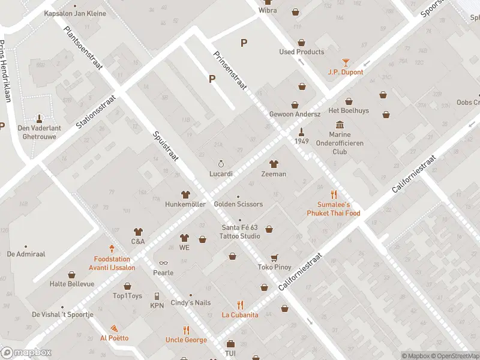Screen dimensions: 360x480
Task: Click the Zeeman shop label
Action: click(274, 174)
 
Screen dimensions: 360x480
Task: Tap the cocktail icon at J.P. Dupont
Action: click(346, 62)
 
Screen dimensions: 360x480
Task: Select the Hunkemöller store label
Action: click(185, 204)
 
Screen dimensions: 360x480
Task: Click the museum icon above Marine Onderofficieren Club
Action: click(340, 125)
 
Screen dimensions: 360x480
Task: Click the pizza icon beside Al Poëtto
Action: click(113, 328)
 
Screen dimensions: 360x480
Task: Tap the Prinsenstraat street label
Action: click(230, 70)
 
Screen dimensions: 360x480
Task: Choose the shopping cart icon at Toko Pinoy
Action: click(274, 257)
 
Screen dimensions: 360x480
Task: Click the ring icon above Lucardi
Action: click(220, 164)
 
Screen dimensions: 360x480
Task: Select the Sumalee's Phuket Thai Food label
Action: click(334, 209)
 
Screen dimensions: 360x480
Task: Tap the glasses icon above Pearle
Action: click(163, 263)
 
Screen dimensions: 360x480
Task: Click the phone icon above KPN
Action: click(157, 296)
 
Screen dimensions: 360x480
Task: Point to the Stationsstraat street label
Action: click(95, 110)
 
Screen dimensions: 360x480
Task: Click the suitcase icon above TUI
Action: click(230, 344)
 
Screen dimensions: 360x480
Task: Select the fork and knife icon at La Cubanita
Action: click(240, 305)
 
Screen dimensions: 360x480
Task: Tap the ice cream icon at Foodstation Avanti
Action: click(112, 248)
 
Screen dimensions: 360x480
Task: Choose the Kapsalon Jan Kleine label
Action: click(74, 13)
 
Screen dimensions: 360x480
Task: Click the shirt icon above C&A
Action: click(138, 232)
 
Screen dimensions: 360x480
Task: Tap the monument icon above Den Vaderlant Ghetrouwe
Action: click(40, 118)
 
